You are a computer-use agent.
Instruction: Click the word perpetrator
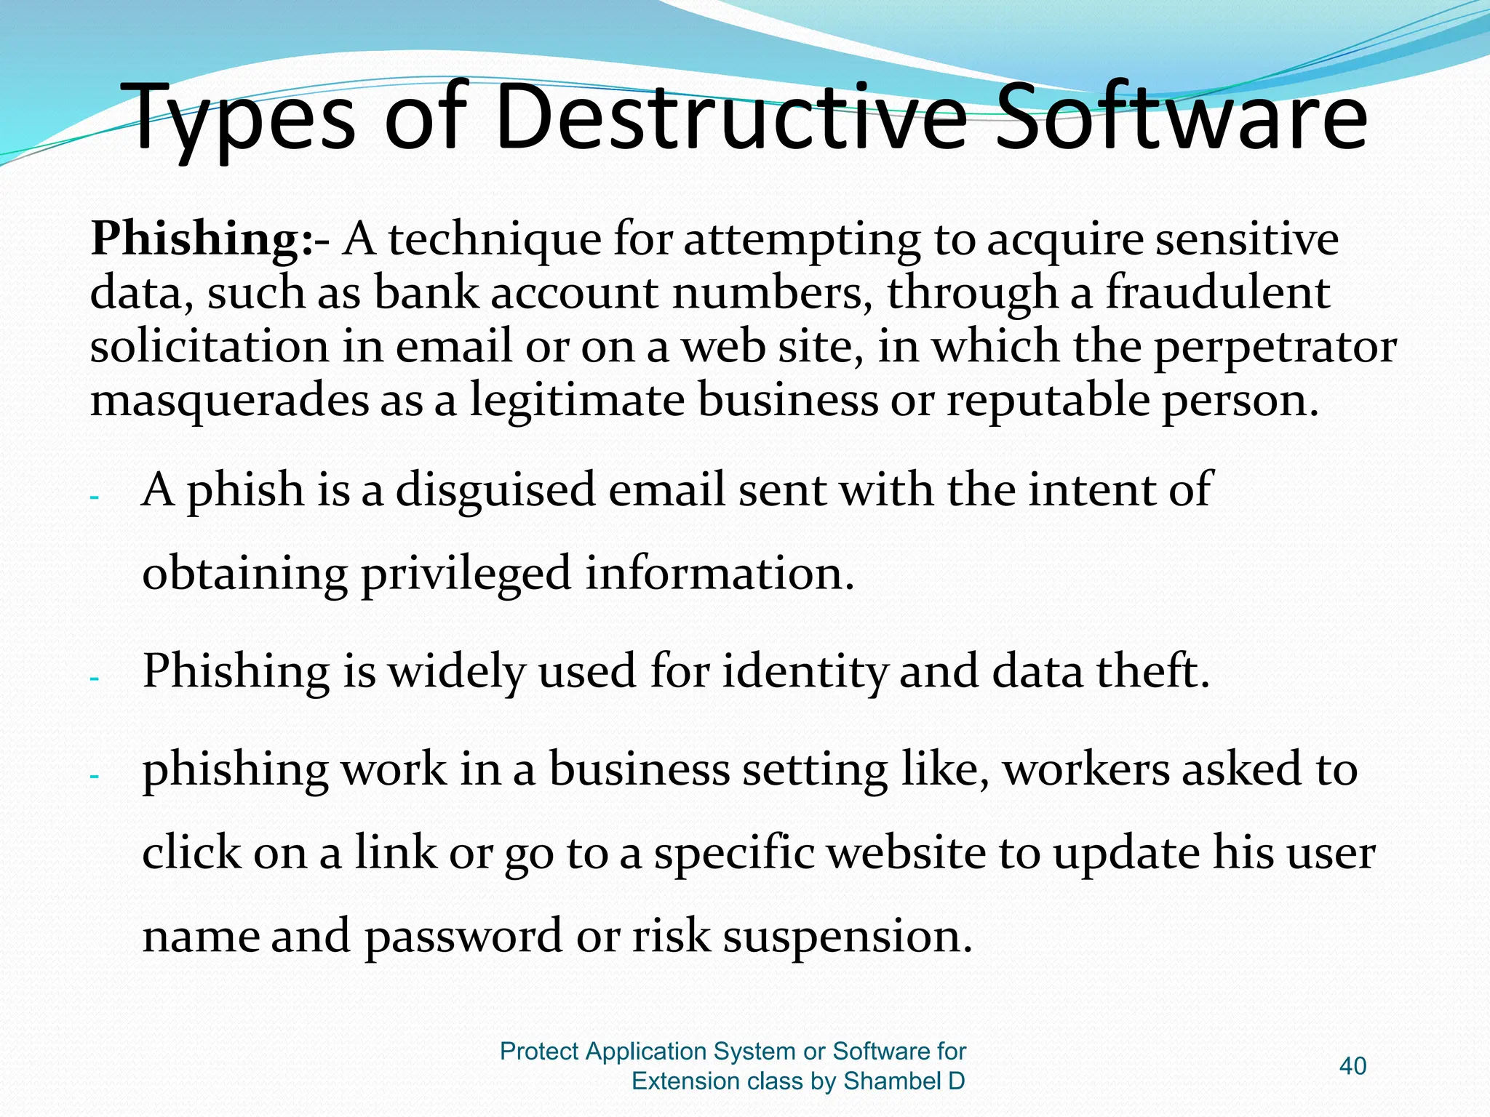[1274, 348]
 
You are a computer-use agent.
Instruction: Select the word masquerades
[229, 401]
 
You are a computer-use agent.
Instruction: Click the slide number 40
[1352, 1066]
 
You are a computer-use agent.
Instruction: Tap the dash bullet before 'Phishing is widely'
[94, 679]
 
